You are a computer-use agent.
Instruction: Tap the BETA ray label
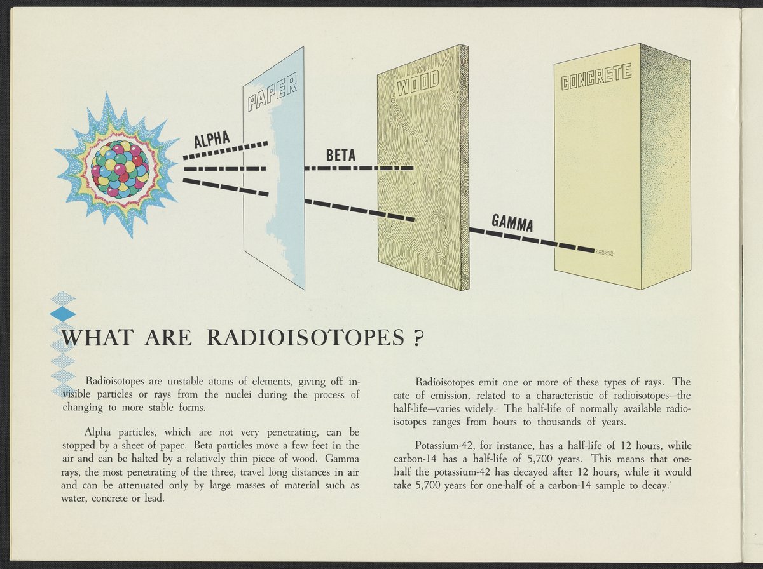click(340, 156)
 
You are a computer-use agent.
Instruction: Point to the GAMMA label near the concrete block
click(512, 223)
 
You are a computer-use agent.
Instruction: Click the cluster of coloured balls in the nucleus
click(120, 169)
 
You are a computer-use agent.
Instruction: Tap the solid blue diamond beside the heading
click(62, 314)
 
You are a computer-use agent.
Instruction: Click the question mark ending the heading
click(418, 338)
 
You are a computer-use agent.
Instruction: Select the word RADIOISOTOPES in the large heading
click(305, 338)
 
